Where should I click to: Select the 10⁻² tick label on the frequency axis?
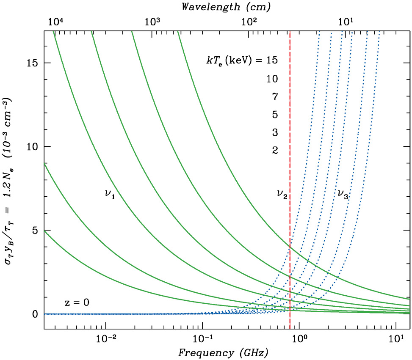(x=105, y=339)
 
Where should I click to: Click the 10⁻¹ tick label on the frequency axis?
(x=202, y=339)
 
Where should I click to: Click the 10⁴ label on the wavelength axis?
(x=56, y=21)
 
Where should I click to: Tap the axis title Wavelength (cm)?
(x=227, y=7)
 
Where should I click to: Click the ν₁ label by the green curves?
(x=110, y=195)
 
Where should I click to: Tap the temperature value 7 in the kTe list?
(x=275, y=96)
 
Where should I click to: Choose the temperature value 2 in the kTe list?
(x=275, y=150)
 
